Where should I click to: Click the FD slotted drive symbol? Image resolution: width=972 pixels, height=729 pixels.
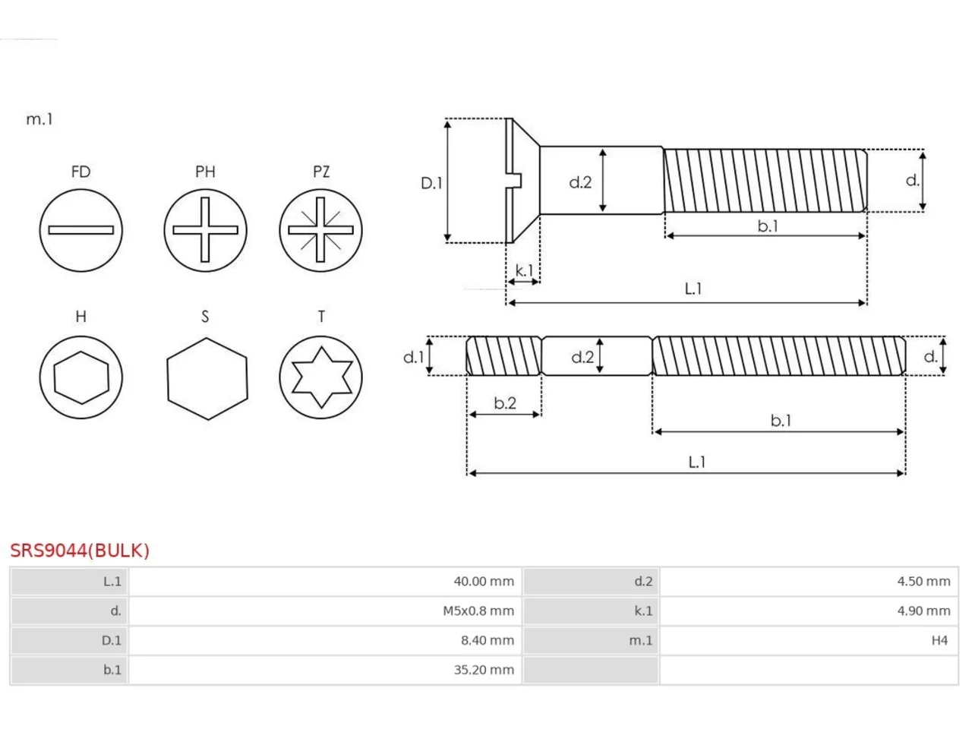(x=80, y=230)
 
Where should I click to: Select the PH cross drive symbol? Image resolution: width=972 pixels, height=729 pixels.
(x=205, y=230)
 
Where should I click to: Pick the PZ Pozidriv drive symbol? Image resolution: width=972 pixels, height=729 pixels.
(x=320, y=230)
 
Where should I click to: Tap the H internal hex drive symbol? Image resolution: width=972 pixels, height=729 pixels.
(x=80, y=377)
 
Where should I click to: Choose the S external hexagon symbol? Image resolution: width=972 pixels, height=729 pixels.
(x=207, y=379)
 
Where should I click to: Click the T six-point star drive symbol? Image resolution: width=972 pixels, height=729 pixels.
(x=320, y=377)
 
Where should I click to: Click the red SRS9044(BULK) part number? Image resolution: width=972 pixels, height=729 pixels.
(x=80, y=551)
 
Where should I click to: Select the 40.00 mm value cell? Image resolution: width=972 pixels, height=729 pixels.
(x=325, y=581)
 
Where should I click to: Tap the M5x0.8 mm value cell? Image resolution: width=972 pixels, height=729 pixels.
(x=325, y=611)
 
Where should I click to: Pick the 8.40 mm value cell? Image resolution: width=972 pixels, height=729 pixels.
(x=325, y=640)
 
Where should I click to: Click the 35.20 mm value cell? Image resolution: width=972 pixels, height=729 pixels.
(x=325, y=670)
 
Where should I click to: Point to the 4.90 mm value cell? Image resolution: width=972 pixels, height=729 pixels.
(x=809, y=611)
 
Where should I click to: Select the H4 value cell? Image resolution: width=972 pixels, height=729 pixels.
(x=809, y=640)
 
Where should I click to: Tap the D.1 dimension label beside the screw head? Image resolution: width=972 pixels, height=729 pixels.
(x=431, y=183)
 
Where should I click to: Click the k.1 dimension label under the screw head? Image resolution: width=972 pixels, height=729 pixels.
(x=524, y=270)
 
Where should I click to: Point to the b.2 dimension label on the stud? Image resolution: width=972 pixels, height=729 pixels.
(x=505, y=402)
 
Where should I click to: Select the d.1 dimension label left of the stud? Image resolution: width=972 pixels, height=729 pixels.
(x=414, y=357)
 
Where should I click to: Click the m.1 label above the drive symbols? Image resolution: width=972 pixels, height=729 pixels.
(x=39, y=119)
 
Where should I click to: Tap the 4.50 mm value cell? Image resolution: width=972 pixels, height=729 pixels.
(x=809, y=581)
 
